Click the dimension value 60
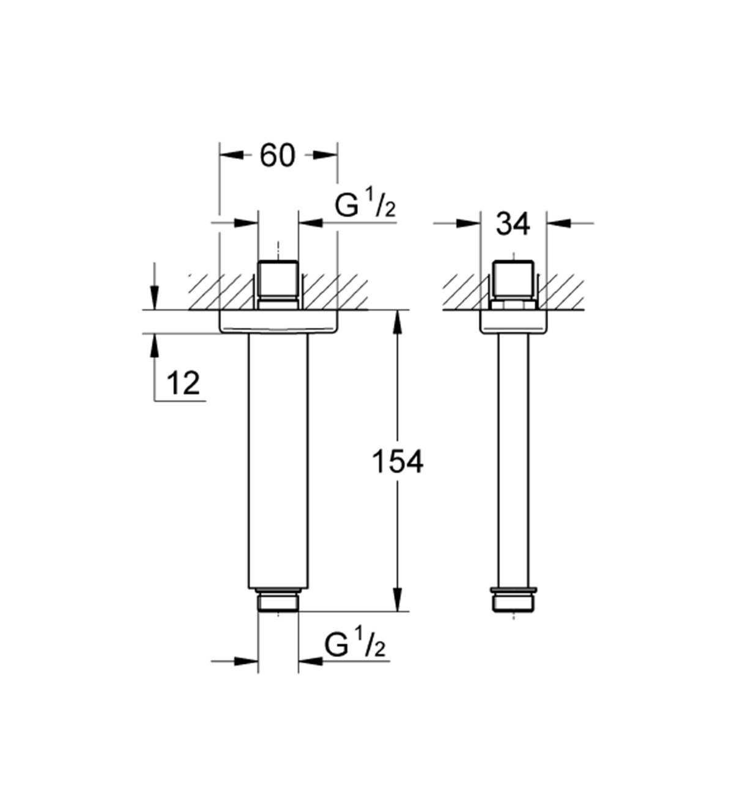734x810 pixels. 277,155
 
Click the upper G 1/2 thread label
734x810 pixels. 365,206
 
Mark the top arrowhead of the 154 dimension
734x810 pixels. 398,322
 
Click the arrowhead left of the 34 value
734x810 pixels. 468,223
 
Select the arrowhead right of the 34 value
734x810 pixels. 559,223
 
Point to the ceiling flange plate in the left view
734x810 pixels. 278,322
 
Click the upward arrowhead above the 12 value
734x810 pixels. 154,346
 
